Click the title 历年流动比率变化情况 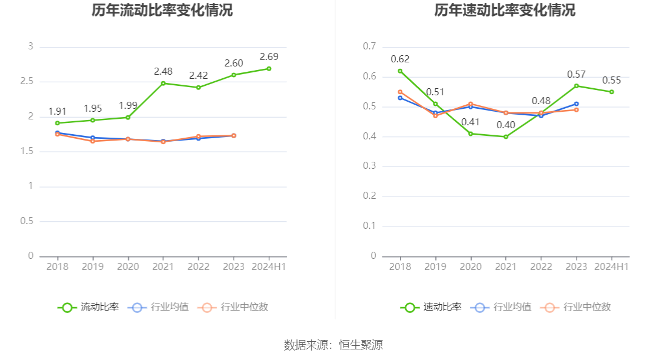coord(162,11)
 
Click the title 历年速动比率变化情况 coord(505,11)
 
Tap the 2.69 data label coord(269,57)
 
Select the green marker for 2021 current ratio coord(164,83)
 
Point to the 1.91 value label coord(58,111)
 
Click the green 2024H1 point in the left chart coord(269,69)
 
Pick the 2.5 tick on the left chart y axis coord(27,81)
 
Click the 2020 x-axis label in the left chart coord(128,266)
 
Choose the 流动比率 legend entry coord(88,307)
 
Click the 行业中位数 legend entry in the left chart coord(234,307)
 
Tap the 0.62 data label coord(400,59)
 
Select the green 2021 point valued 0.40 coord(506,137)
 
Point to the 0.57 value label coord(576,75)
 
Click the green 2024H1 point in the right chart coord(612,92)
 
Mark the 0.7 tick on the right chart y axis coord(369,46)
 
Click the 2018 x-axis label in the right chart coord(400,266)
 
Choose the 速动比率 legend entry coord(431,307)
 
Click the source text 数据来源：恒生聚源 coord(333,345)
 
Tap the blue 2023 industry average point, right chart coord(576,104)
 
